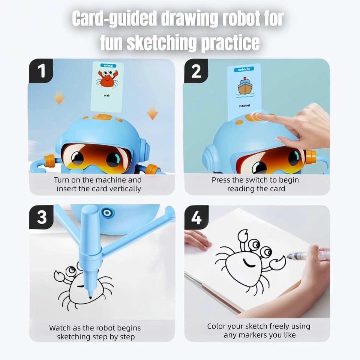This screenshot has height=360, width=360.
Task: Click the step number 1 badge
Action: [x=40, y=71]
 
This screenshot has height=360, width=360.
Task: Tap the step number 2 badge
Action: [x=196, y=71]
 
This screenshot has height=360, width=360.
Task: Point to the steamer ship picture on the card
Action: [x=244, y=87]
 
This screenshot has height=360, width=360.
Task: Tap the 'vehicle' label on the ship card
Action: [x=244, y=69]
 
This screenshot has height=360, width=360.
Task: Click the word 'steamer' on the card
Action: [x=244, y=106]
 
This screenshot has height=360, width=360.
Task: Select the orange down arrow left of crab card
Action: [x=59, y=98]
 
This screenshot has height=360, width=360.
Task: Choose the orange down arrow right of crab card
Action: [x=152, y=112]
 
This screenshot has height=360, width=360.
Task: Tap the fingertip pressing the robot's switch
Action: [x=259, y=116]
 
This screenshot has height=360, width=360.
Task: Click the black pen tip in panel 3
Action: [x=90, y=297]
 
